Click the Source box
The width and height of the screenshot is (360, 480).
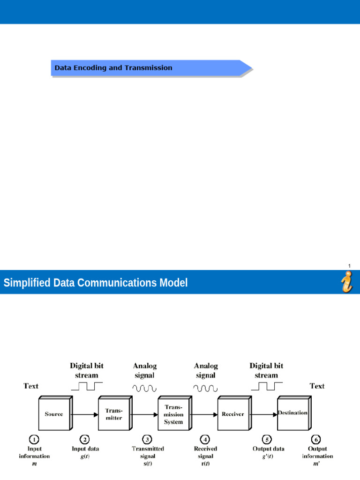click(x=53, y=414)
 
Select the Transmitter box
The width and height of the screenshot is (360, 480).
click(x=113, y=414)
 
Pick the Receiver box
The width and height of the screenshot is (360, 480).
click(x=232, y=414)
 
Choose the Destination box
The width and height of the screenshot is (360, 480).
click(x=292, y=413)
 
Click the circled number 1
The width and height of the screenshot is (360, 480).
click(x=34, y=440)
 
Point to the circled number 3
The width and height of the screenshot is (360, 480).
click(x=148, y=440)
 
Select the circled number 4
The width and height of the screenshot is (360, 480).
click(x=205, y=440)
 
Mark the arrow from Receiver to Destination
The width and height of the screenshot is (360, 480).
click(x=263, y=414)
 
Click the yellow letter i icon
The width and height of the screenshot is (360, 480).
click(x=347, y=282)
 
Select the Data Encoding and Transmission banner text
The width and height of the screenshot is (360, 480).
click(x=113, y=68)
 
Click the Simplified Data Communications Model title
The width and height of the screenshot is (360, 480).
click(x=96, y=283)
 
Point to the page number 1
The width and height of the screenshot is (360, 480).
click(x=349, y=266)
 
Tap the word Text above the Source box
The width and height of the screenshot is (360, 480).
click(x=31, y=386)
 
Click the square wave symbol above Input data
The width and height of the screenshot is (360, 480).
click(x=87, y=386)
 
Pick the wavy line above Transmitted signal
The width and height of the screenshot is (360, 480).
click(x=144, y=388)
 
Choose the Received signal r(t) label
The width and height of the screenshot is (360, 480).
click(x=205, y=456)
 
